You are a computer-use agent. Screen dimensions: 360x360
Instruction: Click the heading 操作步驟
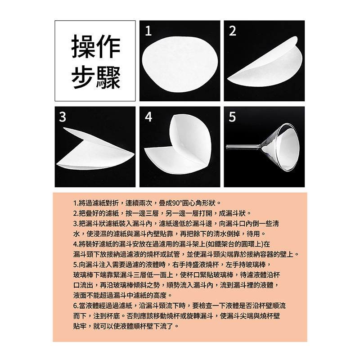[x=96, y=62]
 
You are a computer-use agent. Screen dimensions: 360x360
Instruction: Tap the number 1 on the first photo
[x=148, y=31]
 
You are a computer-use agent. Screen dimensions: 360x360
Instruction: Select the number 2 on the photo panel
[x=233, y=31]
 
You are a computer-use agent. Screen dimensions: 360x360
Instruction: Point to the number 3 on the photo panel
[x=63, y=117]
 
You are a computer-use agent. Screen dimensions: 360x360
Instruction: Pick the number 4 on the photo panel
[x=148, y=117]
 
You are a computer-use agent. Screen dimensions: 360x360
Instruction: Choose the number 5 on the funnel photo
[x=232, y=117]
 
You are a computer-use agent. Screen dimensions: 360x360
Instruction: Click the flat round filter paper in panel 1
[x=180, y=64]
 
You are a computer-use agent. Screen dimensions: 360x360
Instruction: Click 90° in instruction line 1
[x=177, y=203]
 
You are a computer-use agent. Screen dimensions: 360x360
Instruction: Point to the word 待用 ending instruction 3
[x=253, y=234]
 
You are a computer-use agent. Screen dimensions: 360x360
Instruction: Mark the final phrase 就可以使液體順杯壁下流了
[x=133, y=326]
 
